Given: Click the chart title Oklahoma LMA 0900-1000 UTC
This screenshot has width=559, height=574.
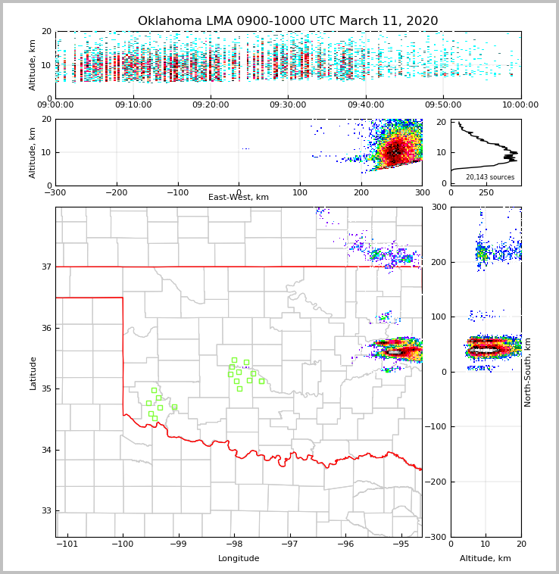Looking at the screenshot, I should pos(288,21).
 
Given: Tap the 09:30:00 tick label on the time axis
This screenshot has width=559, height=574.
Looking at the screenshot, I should pos(288,105).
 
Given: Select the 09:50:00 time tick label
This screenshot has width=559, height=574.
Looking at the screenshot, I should pos(443,105).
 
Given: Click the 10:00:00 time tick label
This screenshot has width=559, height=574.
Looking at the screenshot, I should pos(520,105).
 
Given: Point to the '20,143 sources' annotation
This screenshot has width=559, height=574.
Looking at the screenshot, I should pos(490,177).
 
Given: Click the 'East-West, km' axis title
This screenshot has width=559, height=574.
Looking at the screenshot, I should pos(239,198).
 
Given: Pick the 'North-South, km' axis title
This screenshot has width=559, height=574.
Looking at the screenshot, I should pos(528,372).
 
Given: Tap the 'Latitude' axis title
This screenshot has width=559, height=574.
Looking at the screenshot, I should pos(33,373).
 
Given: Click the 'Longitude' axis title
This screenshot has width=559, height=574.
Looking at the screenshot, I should pos(239,559).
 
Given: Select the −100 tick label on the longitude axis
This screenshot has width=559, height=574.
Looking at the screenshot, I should pos(122,544).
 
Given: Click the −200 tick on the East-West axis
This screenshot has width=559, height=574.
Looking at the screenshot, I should pos(116,193).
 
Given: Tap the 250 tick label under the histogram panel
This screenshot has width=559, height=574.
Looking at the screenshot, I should pos(486,193).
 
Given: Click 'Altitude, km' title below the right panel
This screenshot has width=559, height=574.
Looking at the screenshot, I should pos(486,559).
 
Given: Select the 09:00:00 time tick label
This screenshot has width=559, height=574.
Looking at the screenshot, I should pos(55,105).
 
